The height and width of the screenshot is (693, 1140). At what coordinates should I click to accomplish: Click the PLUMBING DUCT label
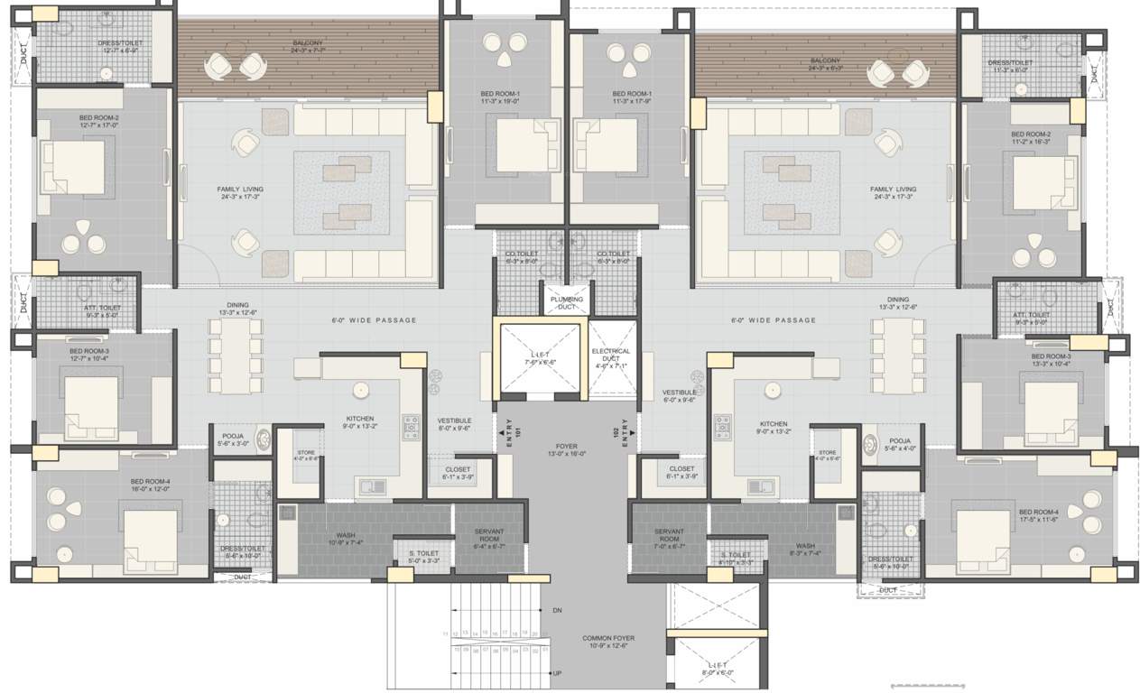click(566, 302)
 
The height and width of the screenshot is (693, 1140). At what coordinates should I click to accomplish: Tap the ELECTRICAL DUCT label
click(611, 358)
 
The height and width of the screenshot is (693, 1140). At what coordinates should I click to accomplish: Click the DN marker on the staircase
click(557, 611)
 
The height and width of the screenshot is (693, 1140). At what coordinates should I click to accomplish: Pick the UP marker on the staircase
click(557, 673)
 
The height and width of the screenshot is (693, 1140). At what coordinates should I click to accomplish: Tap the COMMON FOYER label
click(607, 642)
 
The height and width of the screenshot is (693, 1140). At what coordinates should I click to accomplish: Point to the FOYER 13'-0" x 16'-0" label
click(566, 449)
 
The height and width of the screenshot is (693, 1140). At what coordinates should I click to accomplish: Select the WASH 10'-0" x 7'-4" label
click(345, 539)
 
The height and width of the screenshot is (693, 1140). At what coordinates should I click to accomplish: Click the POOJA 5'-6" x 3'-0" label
click(233, 439)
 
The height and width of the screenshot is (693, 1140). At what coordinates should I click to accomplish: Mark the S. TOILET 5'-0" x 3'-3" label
click(423, 557)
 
